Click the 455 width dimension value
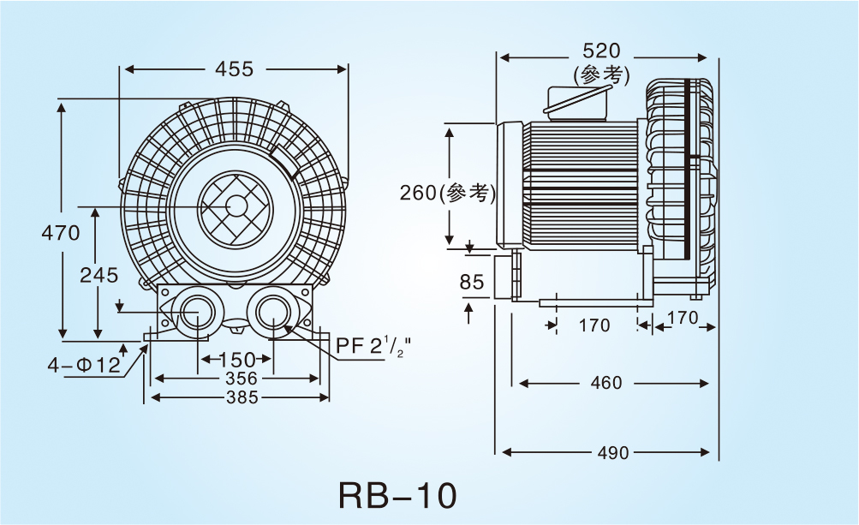point(234,69)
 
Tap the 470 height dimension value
point(61,232)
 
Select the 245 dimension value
point(98,275)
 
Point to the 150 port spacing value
point(237,359)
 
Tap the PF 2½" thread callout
point(374,346)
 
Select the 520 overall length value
point(601,51)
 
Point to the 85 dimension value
point(472,282)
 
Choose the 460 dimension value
point(606,383)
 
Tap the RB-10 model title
point(397,495)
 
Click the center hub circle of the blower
point(236,206)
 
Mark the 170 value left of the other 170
point(594,325)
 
